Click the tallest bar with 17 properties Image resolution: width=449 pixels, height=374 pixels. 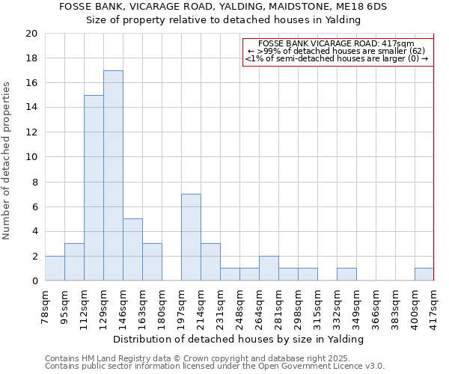tap(113, 176)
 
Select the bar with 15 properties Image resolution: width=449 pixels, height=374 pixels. tap(94, 188)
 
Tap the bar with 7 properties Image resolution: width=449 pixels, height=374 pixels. tap(191, 237)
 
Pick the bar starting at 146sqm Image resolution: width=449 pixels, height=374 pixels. tap(132, 250)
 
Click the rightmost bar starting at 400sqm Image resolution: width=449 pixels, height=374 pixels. tap(424, 275)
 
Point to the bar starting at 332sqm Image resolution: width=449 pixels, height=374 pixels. tap(346, 275)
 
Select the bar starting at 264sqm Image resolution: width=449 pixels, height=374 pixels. tap(269, 269)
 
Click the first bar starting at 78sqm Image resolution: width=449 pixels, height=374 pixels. tap(55, 269)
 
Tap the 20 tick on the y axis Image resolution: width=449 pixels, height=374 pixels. tap(31, 34)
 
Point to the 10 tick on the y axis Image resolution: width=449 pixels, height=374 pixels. tap(31, 157)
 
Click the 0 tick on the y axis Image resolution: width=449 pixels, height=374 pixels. tap(34, 280)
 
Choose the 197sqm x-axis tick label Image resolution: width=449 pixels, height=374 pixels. tap(181, 304)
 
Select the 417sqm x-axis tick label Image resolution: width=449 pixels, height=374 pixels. tap(434, 304)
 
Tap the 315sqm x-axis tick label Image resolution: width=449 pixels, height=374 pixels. tap(317, 304)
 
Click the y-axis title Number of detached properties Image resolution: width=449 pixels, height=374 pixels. tap(7, 161)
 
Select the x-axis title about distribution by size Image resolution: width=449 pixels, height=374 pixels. tap(239, 339)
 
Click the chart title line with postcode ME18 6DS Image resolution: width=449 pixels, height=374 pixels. tap(223, 7)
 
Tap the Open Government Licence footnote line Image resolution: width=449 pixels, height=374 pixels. tap(215, 367)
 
